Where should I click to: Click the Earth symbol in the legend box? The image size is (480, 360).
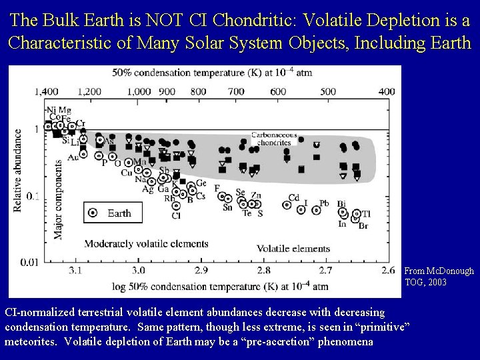click(93, 213)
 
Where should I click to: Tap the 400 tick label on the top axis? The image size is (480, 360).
click(385, 91)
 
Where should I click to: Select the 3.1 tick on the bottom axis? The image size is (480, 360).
click(75, 271)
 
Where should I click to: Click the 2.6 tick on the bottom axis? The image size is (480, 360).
click(387, 271)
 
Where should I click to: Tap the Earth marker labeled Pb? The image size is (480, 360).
click(316, 211)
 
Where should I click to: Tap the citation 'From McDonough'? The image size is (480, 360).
click(439, 271)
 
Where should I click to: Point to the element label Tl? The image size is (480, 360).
click(366, 214)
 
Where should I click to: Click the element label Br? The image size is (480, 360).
click(364, 226)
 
